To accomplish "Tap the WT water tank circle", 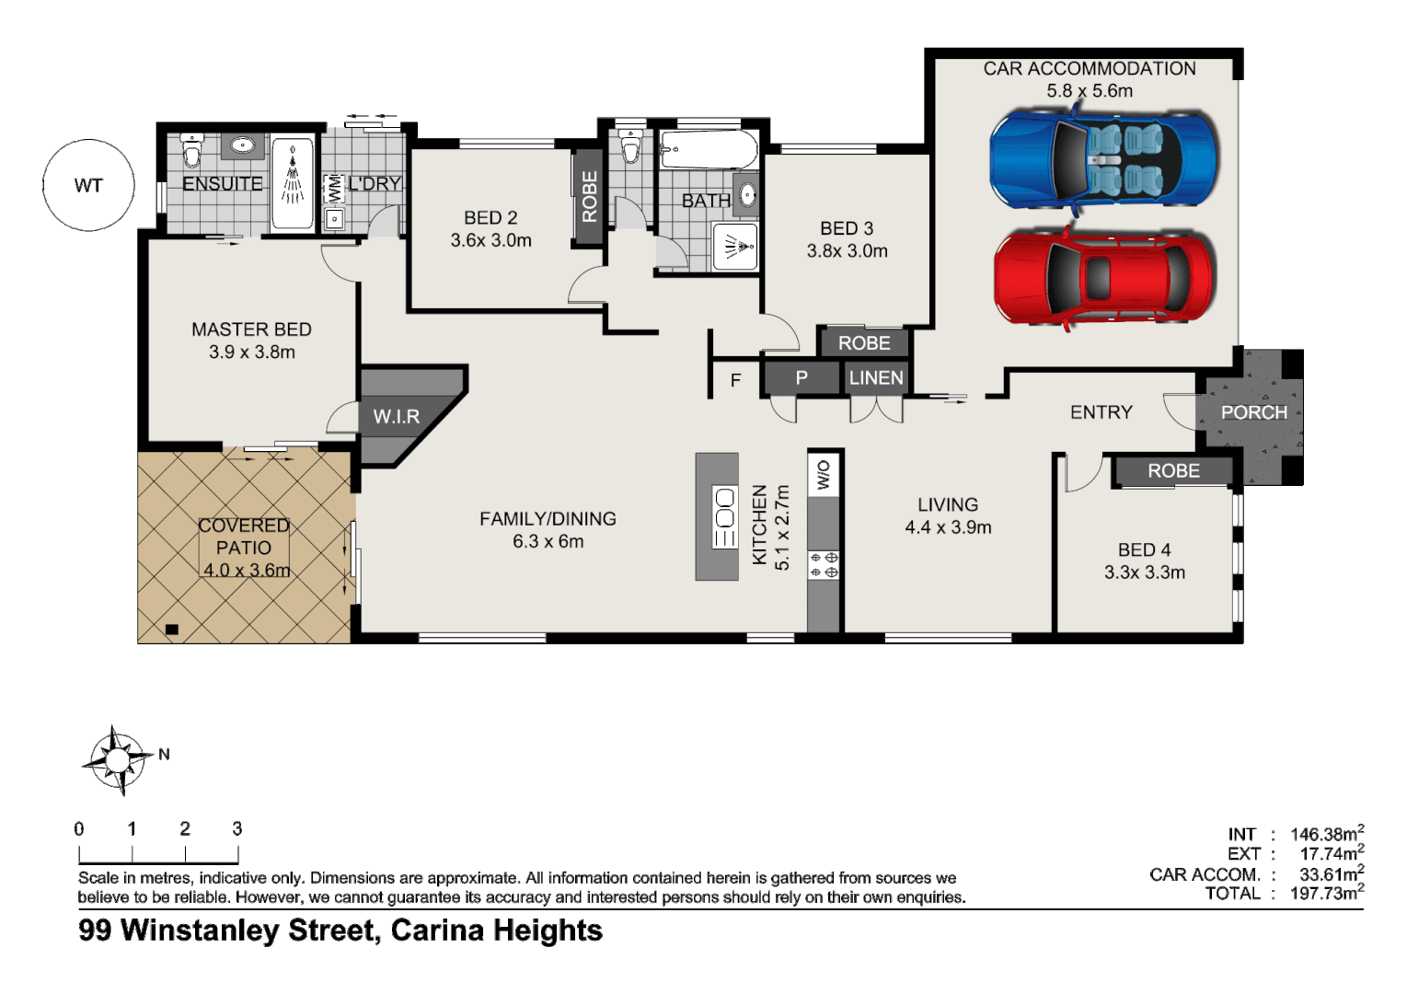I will tap(88, 185).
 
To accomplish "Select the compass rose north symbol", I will tap(117, 760).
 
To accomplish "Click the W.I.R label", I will tap(397, 417).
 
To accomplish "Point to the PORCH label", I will tap(1253, 412).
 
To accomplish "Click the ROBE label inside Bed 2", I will tap(590, 197).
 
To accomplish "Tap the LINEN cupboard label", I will tap(876, 378).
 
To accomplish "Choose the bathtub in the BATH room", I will tap(709, 149).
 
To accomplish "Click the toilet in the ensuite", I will tap(191, 149).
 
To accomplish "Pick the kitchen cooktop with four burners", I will tap(824, 565).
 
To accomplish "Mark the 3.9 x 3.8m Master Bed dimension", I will tap(252, 352).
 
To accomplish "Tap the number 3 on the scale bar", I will tap(237, 828).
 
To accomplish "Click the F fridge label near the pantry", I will tap(735, 380).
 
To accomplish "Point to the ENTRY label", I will tap(1101, 412).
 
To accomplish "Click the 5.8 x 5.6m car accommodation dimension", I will tap(1090, 91).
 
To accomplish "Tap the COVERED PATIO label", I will tap(244, 537).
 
